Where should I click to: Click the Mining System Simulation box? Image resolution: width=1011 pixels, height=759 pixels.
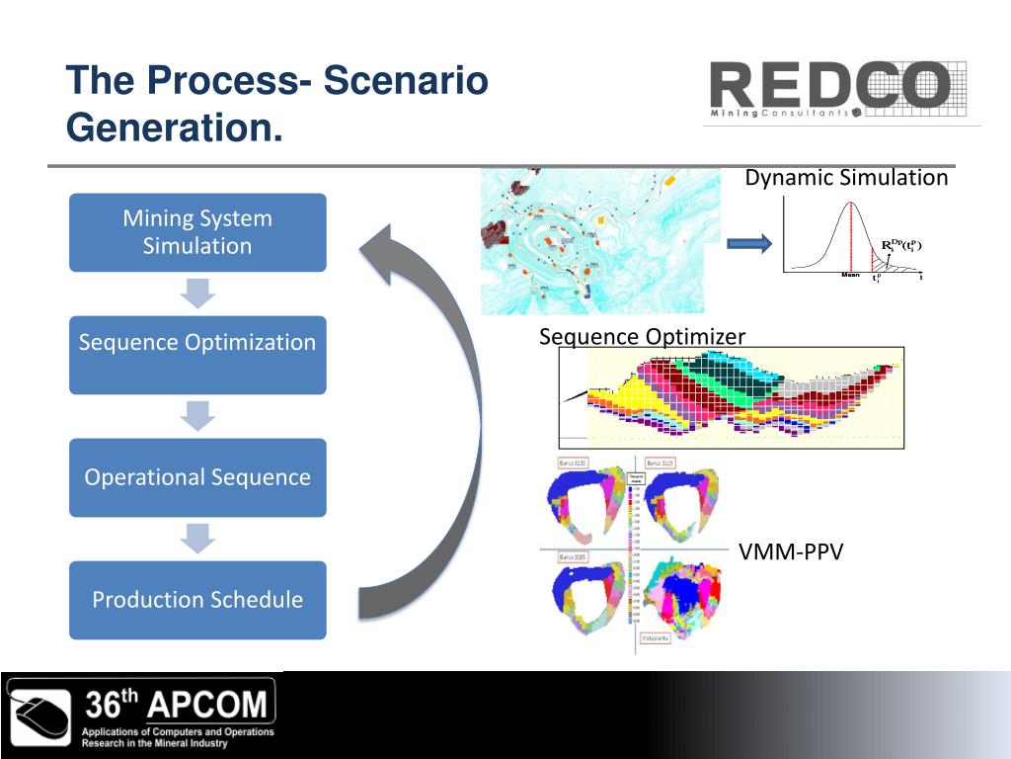(197, 232)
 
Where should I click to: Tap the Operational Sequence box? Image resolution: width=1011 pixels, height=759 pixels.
(197, 477)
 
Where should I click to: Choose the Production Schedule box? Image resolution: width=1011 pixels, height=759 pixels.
(197, 600)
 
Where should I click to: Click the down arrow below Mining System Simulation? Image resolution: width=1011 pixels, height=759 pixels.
(197, 294)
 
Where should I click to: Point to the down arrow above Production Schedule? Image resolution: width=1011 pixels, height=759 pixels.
(197, 539)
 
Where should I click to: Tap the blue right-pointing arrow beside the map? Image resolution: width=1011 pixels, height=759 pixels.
(747, 244)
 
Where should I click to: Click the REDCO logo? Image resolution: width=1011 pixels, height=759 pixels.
(829, 86)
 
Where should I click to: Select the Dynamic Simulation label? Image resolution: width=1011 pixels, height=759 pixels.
(846, 178)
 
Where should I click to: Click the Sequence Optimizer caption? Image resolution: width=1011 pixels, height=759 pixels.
(642, 337)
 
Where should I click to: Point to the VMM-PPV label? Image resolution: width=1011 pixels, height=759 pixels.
(791, 552)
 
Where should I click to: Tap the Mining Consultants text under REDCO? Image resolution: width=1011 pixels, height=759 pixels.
(780, 114)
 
